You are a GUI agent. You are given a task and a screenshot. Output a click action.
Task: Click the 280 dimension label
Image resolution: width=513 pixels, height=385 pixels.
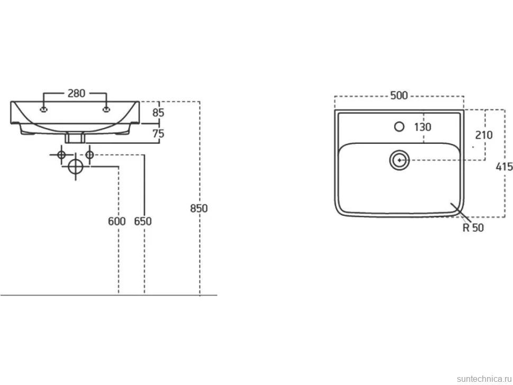click(x=76, y=94)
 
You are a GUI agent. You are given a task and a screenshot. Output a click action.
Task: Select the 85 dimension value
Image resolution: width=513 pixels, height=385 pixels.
click(x=158, y=113)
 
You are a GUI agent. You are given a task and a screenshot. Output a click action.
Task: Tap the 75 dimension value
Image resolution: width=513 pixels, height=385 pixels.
click(x=158, y=133)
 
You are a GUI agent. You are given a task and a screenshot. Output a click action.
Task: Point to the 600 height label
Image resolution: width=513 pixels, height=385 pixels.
click(x=117, y=222)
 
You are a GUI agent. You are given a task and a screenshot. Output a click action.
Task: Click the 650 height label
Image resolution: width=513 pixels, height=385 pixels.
click(x=143, y=222)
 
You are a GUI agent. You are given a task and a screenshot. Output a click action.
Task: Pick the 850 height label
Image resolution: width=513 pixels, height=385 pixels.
click(x=199, y=208)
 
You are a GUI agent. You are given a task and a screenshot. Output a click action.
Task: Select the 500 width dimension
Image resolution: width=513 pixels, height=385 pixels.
click(x=399, y=96)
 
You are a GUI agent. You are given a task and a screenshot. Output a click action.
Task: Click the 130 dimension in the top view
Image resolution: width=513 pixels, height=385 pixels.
click(x=423, y=127)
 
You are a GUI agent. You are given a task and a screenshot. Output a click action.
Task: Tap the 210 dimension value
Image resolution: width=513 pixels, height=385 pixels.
click(x=484, y=135)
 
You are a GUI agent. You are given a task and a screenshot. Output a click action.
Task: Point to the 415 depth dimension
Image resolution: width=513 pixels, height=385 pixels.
click(x=504, y=167)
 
